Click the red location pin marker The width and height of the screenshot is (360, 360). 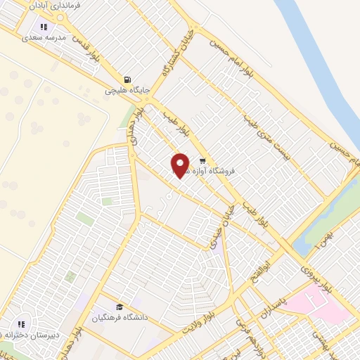tap(180, 165)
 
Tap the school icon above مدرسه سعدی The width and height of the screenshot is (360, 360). tap(44, 27)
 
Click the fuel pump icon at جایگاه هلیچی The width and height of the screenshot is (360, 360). tap(127, 80)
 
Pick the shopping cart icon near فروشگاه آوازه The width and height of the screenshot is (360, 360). tap(203, 161)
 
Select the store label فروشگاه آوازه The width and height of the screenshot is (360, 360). tap(224, 171)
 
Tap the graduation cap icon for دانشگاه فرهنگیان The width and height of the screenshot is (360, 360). tap(120, 307)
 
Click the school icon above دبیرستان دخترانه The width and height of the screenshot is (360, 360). tap(22, 324)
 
